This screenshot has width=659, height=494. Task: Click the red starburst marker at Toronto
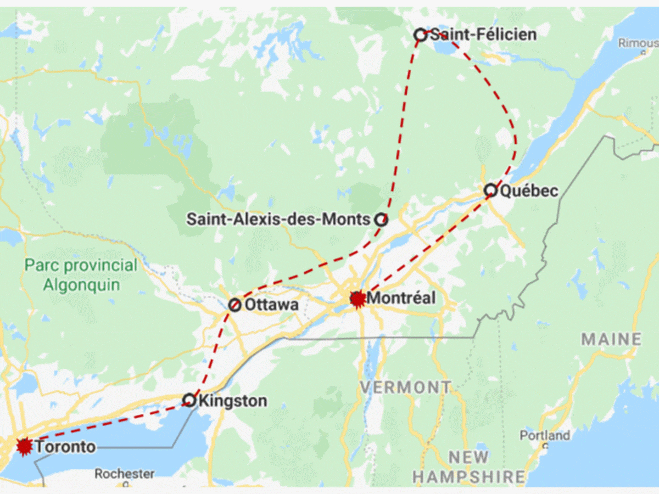pyautogui.click(x=24, y=447)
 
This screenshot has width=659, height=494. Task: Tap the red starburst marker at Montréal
pyautogui.click(x=358, y=299)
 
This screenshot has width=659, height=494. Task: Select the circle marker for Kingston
pyautogui.click(x=189, y=400)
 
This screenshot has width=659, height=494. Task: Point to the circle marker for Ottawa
pyautogui.click(x=234, y=305)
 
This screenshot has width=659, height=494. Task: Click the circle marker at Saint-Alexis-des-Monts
pyautogui.click(x=381, y=220)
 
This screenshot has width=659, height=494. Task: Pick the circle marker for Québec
pyautogui.click(x=490, y=190)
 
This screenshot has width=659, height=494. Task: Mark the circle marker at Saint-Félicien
pyautogui.click(x=420, y=35)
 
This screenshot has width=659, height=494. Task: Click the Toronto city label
pyautogui.click(x=65, y=447)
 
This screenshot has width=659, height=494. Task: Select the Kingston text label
pyautogui.click(x=232, y=401)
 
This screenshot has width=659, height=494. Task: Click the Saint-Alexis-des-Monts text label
pyautogui.click(x=278, y=220)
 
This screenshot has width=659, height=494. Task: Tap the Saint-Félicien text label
pyautogui.click(x=483, y=35)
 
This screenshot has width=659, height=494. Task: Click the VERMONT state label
pyautogui.click(x=405, y=387)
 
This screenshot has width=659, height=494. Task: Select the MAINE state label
pyautogui.click(x=611, y=339)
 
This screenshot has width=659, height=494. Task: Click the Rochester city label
pyautogui.click(x=124, y=473)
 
